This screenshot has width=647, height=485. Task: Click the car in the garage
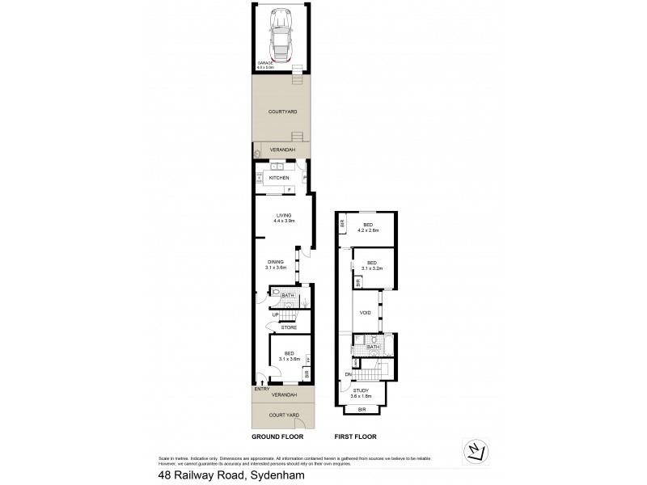click(280, 37)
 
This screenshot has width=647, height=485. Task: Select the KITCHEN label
click(279, 178)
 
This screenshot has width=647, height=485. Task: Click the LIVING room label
click(283, 215)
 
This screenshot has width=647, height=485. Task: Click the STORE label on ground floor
click(289, 327)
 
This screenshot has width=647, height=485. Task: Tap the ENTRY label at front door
click(261, 390)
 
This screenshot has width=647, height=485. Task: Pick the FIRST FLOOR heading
click(355, 436)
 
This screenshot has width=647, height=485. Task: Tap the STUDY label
click(361, 391)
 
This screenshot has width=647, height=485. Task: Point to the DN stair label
click(348, 374)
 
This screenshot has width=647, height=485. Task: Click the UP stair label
click(276, 315)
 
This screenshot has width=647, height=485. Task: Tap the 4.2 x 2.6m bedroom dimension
click(368, 230)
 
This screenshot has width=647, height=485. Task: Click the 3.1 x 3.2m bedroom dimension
click(371, 268)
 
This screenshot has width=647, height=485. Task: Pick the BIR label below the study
click(361, 410)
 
